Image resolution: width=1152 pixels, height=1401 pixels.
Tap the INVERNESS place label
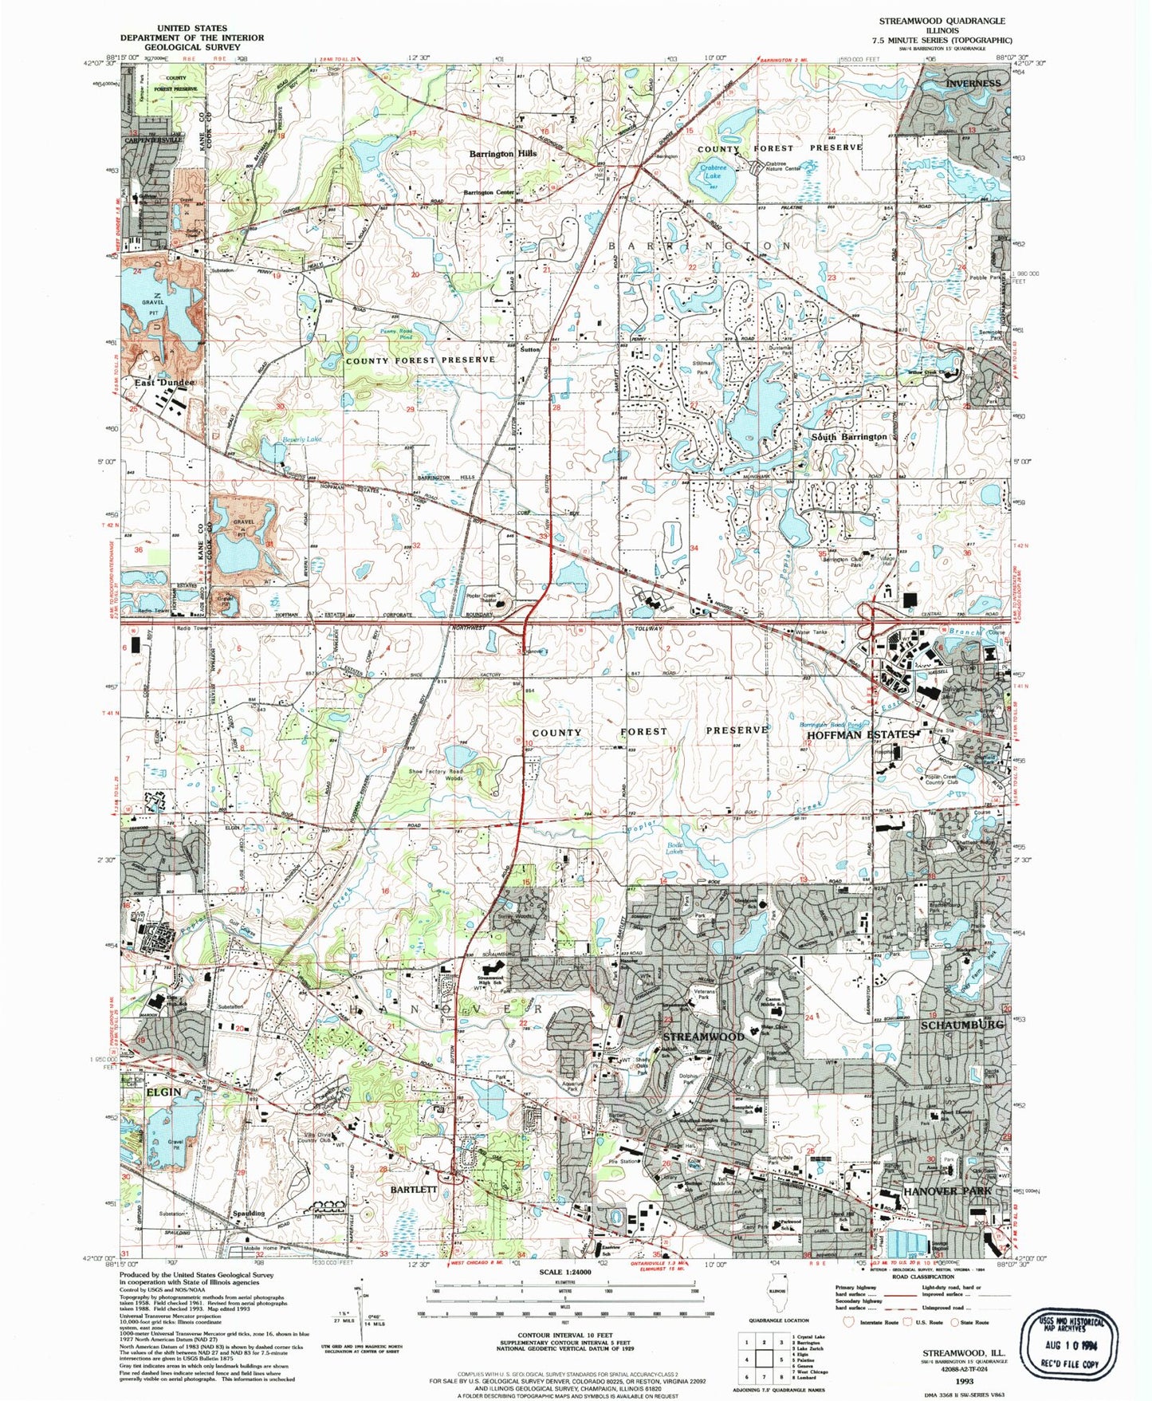pyautogui.click(x=973, y=83)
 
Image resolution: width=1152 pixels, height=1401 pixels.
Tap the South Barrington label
pyautogui.click(x=849, y=437)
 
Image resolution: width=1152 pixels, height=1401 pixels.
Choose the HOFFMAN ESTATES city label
pyautogui.click(x=860, y=734)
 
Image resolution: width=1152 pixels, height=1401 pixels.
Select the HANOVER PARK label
pyautogui.click(x=948, y=1190)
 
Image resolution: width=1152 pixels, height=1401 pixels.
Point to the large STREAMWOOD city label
pyautogui.click(x=704, y=1037)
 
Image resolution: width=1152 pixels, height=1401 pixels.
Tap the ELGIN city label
pyautogui.click(x=163, y=1092)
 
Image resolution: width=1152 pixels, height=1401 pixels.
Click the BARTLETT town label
pyautogui.click(x=414, y=1189)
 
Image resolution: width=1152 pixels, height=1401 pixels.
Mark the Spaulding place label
pyautogui.click(x=249, y=1214)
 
